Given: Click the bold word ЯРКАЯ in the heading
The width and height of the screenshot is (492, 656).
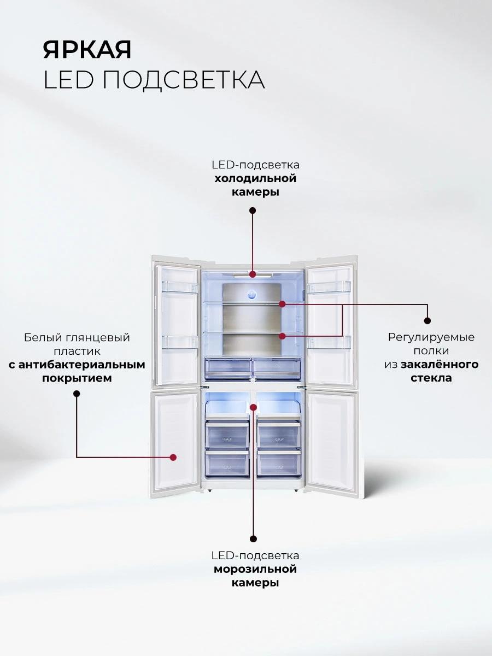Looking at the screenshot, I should tap(87, 50).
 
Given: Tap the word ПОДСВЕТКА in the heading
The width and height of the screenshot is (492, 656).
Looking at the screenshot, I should tap(184, 80).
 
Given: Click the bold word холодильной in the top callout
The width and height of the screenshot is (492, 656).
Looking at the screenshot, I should tap(255, 179).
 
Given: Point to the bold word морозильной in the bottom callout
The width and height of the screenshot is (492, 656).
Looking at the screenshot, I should tap(255, 569).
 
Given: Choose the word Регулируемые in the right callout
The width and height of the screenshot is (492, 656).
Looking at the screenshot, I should tap(431, 337).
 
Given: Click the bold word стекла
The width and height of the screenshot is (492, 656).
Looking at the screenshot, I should tap(431, 378).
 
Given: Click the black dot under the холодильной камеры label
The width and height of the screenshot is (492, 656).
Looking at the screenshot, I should tap(253, 210).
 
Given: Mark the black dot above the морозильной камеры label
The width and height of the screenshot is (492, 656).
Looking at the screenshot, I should tap(253, 538).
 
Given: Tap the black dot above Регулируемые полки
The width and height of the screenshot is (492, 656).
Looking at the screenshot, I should tap(427, 321).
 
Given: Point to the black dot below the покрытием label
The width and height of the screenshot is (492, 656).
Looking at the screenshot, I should tap(77, 393).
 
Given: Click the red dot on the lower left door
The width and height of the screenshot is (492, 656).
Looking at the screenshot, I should tap(173, 456).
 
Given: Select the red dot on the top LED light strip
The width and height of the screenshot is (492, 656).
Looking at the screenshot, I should tap(253, 274).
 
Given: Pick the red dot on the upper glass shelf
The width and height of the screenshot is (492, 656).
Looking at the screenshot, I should tap(282, 303).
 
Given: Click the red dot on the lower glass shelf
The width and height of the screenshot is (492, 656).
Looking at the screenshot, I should tap(282, 335).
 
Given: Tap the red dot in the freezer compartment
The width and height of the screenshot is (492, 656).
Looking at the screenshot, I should tap(253, 407).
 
